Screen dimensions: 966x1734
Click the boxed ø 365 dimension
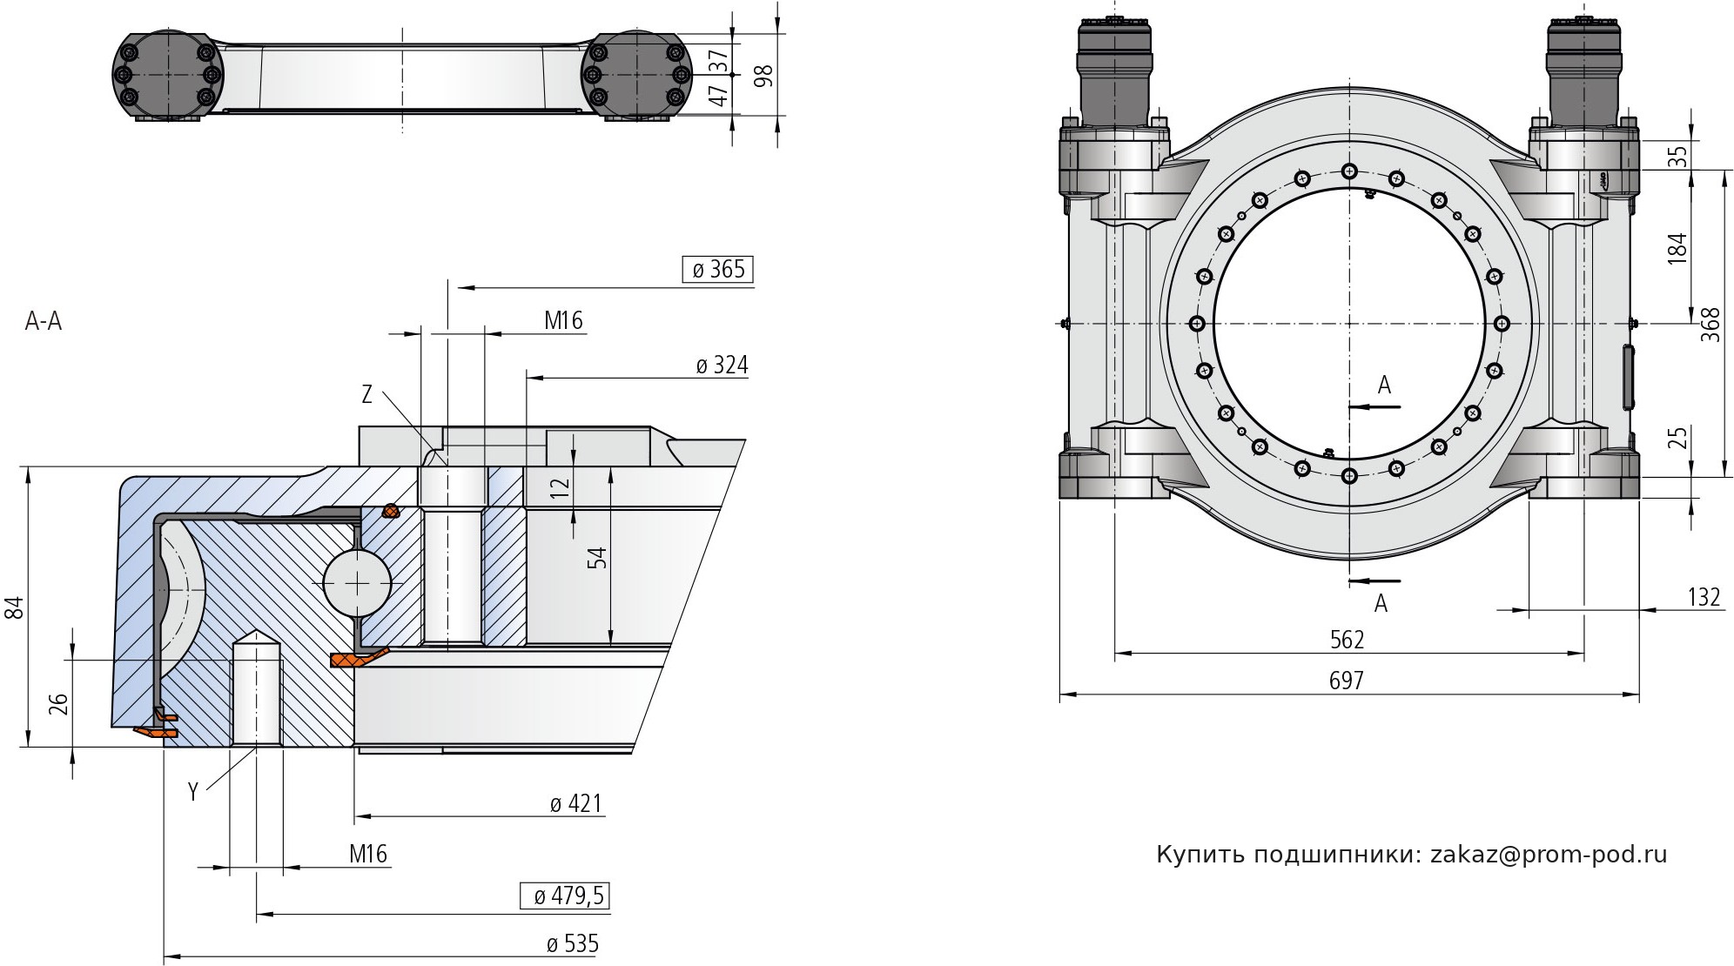718,270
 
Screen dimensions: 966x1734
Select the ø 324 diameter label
722,366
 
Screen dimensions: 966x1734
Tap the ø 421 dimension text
576,803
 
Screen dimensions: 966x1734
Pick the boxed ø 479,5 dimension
566,896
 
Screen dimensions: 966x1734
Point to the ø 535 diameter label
572,944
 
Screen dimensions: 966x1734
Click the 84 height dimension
13,607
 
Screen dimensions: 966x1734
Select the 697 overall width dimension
1346,680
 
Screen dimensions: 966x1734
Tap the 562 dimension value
1347,640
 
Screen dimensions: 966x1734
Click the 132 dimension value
1704,597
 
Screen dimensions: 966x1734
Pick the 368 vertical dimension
1710,325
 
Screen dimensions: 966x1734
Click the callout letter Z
367,395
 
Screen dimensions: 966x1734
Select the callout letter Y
193,791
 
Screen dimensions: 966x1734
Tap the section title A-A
44,322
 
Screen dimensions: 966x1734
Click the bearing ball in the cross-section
358,581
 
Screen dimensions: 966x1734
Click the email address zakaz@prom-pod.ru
1549,855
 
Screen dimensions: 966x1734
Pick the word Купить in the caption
1200,855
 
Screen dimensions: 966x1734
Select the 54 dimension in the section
597,558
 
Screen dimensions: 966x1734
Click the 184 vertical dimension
1678,248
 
